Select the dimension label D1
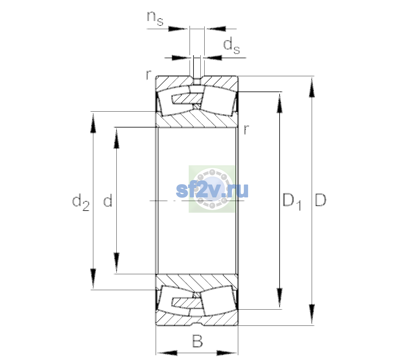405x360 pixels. tap(292, 202)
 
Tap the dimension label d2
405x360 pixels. tap(81, 202)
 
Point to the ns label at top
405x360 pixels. tap(155, 18)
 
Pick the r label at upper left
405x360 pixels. tap(148, 75)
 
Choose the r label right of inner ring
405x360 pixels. tap(246, 129)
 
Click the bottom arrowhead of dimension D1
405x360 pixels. tap(280, 298)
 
